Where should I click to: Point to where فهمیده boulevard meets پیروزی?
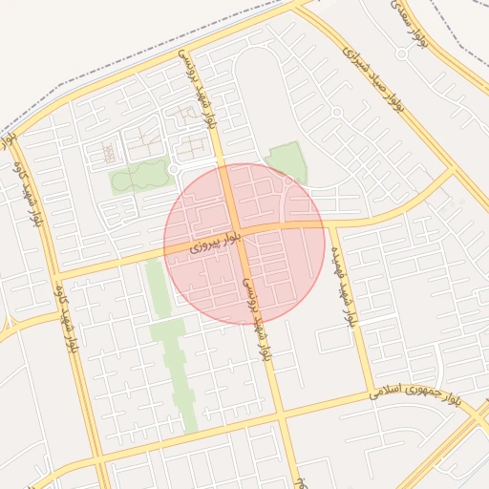point(328,224)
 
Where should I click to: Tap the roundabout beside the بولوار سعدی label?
point(401,53)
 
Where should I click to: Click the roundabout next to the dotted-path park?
point(173,169)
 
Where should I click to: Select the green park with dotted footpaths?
point(139,177)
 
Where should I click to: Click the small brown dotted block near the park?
point(109,152)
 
